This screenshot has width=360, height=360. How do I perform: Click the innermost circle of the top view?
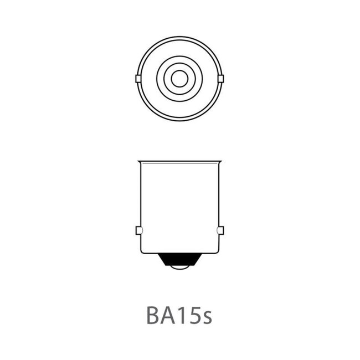pyautogui.click(x=178, y=79)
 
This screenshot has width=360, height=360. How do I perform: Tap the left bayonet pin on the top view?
pyautogui.click(x=138, y=79)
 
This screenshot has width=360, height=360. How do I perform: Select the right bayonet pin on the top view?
pyautogui.click(x=220, y=79)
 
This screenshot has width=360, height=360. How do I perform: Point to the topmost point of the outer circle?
pyautogui.click(x=179, y=37)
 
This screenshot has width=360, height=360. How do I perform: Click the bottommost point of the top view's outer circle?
pyautogui.click(x=179, y=121)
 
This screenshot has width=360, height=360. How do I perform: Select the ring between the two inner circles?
pyautogui.click(x=179, y=69)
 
